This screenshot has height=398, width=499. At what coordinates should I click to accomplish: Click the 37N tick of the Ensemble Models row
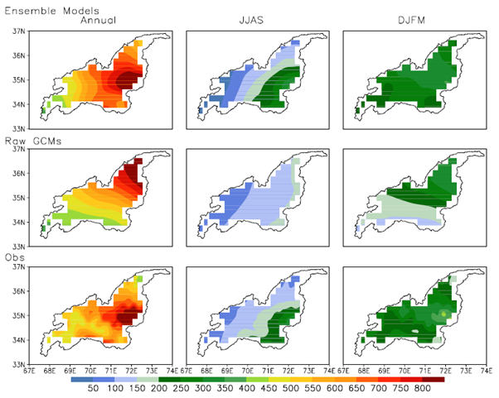[17, 32]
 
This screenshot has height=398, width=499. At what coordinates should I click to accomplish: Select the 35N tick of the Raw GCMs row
[17, 198]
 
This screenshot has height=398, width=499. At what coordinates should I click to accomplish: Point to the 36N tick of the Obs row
[17, 291]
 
